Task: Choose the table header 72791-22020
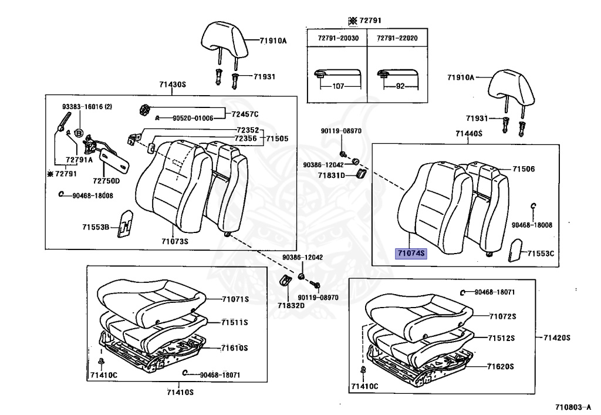point(397,38)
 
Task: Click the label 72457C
point(245,113)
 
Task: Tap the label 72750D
point(105,181)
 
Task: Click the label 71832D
point(291,305)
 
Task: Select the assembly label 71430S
point(172,85)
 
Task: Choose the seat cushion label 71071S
point(235,299)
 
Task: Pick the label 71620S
point(500,366)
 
